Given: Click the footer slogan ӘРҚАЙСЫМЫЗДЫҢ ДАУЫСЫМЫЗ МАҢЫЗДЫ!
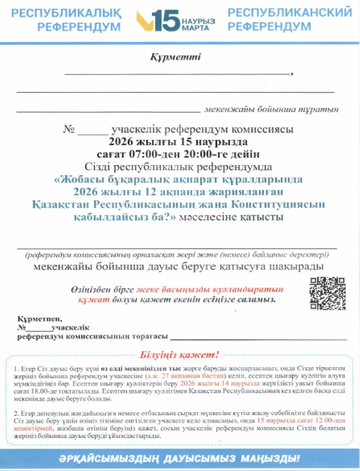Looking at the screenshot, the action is click(x=180, y=457).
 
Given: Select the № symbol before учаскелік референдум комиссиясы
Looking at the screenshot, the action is click(x=68, y=129).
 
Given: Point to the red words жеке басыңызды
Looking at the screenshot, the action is click(x=172, y=289).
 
